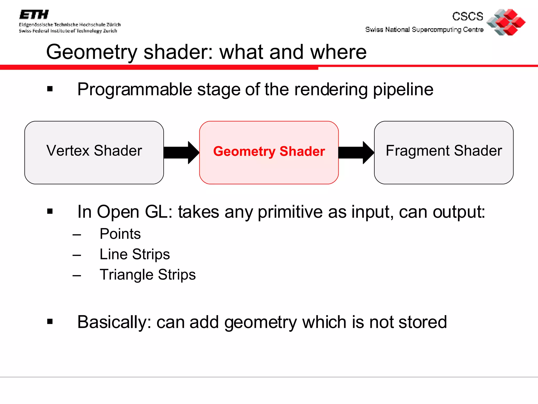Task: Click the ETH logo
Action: point(34,15)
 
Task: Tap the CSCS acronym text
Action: point(468,16)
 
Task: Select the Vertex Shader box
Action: point(94,152)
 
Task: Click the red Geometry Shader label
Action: point(269,151)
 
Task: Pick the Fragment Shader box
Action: point(444,152)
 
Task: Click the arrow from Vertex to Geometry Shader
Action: point(181,153)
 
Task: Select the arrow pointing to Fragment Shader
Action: point(356,153)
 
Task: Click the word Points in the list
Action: point(120,234)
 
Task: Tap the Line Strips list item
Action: point(134,254)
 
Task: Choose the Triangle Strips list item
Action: point(148,275)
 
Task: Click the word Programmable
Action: point(135,89)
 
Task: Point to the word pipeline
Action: point(403,89)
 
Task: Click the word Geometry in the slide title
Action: point(92,52)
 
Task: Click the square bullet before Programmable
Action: point(50,89)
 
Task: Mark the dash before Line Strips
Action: point(77,255)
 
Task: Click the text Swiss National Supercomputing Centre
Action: point(424,29)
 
